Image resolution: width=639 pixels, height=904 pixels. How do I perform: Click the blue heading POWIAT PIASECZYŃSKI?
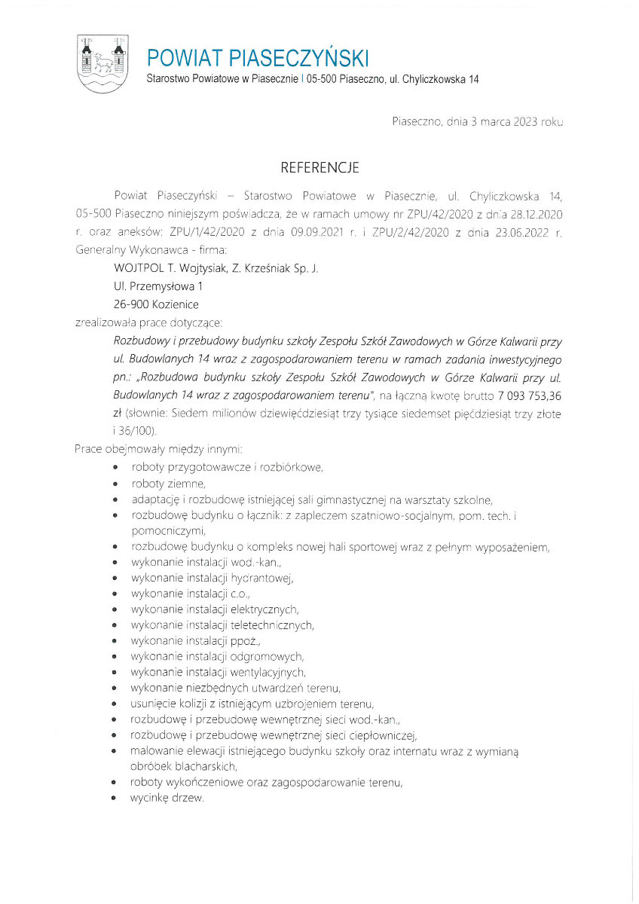coord(258,57)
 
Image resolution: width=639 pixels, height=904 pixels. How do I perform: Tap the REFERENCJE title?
coord(319,166)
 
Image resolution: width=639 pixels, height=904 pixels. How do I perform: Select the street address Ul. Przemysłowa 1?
coord(157,286)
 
